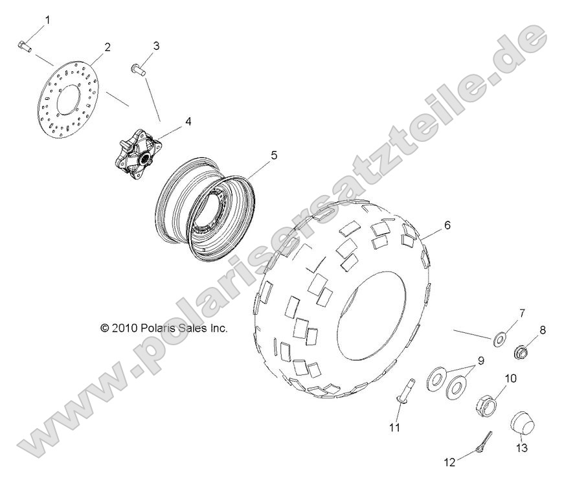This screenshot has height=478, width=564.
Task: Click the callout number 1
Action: (x=46, y=21)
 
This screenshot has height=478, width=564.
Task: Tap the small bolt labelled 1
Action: (x=23, y=45)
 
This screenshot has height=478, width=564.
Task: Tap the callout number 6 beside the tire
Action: (x=446, y=226)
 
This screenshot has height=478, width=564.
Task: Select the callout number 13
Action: (x=522, y=448)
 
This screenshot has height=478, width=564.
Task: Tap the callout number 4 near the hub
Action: (x=170, y=120)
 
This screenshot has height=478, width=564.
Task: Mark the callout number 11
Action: (x=395, y=427)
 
